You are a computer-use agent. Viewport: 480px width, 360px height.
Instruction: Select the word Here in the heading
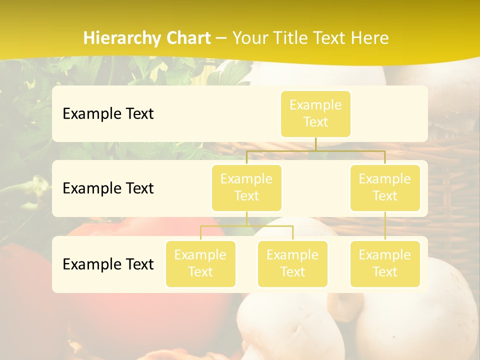click(x=370, y=38)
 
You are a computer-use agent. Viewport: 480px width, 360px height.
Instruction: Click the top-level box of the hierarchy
click(x=315, y=114)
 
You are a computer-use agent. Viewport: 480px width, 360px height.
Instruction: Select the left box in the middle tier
click(x=246, y=187)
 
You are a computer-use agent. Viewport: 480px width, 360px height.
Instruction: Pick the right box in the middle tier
click(x=385, y=187)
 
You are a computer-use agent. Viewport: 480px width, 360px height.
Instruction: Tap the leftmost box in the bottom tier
click(x=200, y=263)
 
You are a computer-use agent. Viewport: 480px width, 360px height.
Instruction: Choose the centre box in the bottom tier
click(x=292, y=263)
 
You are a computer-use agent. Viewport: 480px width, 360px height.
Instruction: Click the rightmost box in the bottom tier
click(x=385, y=263)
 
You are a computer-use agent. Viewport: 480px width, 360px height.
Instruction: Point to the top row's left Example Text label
click(x=108, y=114)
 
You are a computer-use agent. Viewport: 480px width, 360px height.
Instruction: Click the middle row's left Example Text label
click(x=108, y=188)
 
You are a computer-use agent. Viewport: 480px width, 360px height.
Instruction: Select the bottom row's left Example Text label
click(x=108, y=264)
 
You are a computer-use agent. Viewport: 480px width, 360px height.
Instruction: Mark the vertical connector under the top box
click(x=315, y=144)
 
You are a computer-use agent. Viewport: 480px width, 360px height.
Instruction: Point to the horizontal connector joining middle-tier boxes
click(x=315, y=150)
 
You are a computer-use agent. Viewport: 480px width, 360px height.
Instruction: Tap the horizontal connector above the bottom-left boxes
click(x=246, y=226)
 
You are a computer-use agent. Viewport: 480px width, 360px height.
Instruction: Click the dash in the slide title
click(x=221, y=38)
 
